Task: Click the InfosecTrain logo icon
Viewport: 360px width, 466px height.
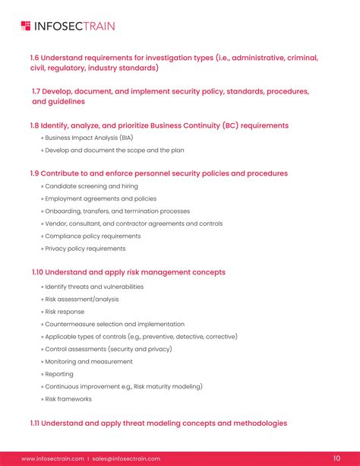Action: pos(27,27)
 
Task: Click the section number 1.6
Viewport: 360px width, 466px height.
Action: pos(33,57)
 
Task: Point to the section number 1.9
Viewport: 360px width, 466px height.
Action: pos(33,173)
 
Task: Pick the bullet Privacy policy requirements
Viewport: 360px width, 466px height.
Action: pos(85,249)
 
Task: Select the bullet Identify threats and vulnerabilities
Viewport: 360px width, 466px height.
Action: pos(94,287)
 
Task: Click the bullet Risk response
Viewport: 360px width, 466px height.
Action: pos(65,312)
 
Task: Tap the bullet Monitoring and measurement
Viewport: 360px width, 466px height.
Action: pos(89,361)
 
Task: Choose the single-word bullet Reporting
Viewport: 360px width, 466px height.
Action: pos(59,374)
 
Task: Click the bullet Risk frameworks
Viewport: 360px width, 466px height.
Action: pos(68,398)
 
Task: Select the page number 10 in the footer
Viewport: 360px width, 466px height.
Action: pos(336,458)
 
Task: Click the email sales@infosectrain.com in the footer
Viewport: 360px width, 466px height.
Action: pos(127,458)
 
